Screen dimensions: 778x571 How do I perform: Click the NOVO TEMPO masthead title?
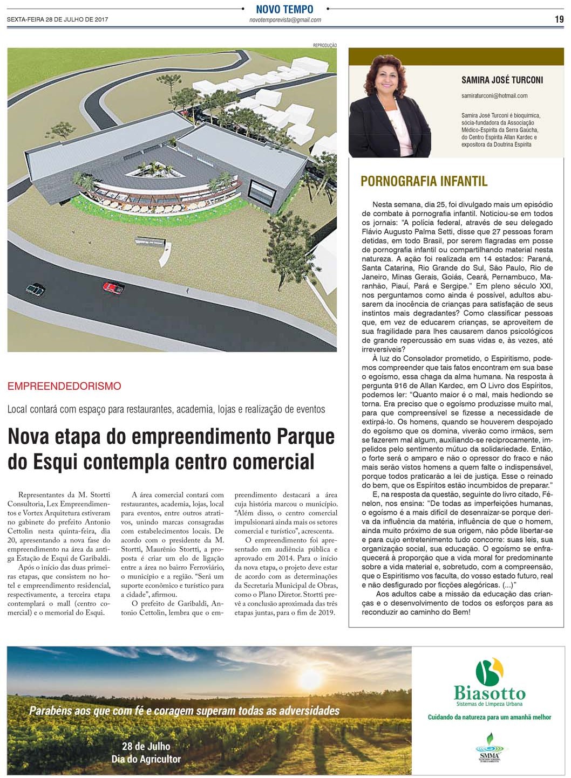pos(284,9)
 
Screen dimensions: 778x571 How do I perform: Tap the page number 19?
pos(559,19)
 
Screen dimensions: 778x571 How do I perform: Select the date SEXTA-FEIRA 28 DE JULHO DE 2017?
pos(57,20)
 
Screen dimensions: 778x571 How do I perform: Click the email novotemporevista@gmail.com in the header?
pos(285,20)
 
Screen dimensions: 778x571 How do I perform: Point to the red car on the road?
pos(113,287)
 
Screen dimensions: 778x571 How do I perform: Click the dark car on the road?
pos(36,290)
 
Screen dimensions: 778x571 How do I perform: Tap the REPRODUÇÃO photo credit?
pos(324,45)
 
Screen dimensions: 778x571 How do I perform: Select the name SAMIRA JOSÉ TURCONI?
pos(502,80)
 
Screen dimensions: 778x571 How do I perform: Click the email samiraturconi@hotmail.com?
pos(494,96)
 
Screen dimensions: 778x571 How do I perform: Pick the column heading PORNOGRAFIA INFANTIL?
pos(424,181)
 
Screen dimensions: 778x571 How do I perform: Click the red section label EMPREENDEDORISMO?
pos(64,386)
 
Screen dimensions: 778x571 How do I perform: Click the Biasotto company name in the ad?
pos(489,693)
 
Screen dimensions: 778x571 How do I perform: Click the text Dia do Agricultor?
pos(146,759)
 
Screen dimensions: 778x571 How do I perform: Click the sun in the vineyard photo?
pos(311,676)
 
